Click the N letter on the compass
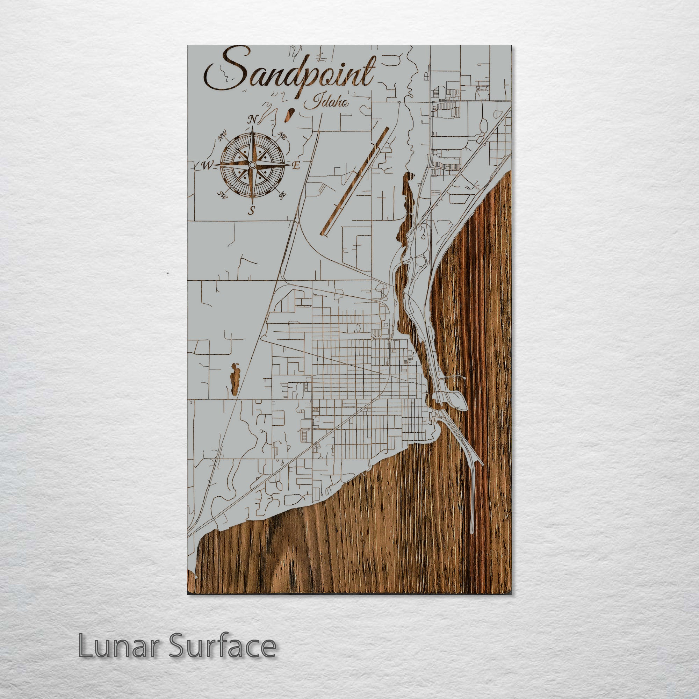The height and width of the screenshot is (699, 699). [x=253, y=120]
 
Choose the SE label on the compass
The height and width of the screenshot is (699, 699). [x=282, y=195]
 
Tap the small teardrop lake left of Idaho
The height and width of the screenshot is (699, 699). [x=289, y=116]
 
